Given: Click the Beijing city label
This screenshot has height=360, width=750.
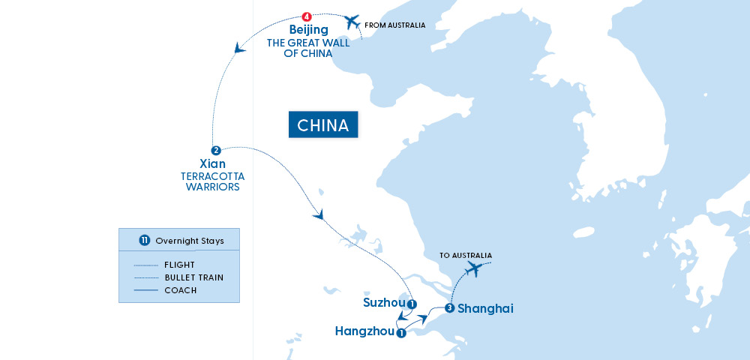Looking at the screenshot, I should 308,30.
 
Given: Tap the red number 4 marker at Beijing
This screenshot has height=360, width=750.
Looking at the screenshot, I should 306,16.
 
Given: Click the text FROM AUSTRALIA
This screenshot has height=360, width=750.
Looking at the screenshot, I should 394,25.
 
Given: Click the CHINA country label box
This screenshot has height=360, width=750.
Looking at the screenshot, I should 323,125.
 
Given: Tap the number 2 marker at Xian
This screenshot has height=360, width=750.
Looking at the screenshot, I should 215,150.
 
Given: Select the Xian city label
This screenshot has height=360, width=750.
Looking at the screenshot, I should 214,163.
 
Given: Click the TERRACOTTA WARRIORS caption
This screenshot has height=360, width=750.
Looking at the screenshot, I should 212,181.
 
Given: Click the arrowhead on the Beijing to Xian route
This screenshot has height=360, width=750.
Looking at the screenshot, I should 238,49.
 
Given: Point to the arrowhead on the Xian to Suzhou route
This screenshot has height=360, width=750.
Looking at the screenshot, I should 320,214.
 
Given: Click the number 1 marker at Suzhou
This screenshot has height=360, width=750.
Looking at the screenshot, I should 412,304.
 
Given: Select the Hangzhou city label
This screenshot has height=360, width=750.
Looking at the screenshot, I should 364,331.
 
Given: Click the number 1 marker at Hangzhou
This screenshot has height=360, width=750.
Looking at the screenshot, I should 401,332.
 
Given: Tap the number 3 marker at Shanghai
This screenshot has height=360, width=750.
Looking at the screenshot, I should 448,308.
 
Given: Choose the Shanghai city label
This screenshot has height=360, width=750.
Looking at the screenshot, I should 485,308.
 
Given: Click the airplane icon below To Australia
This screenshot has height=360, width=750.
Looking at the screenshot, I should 474,269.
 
